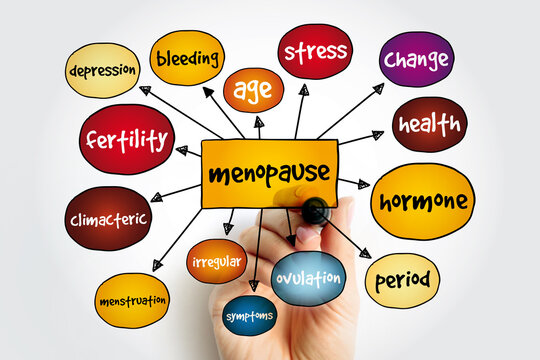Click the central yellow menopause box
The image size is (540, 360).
255,173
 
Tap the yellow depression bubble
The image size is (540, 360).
102,70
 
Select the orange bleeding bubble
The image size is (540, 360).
187,57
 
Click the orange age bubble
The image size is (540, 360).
253,90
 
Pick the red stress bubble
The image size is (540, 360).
315,51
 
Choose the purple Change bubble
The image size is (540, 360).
416,59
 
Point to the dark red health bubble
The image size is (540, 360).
429,124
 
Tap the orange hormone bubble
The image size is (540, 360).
422,201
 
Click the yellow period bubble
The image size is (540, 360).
402,280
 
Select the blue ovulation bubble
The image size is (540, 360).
308,278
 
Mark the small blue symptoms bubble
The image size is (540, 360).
249,315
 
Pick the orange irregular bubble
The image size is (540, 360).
216,261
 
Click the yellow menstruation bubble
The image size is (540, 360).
132,300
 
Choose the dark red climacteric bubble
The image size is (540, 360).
108,218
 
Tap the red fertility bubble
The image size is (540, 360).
127,139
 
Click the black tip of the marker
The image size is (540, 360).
315,211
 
